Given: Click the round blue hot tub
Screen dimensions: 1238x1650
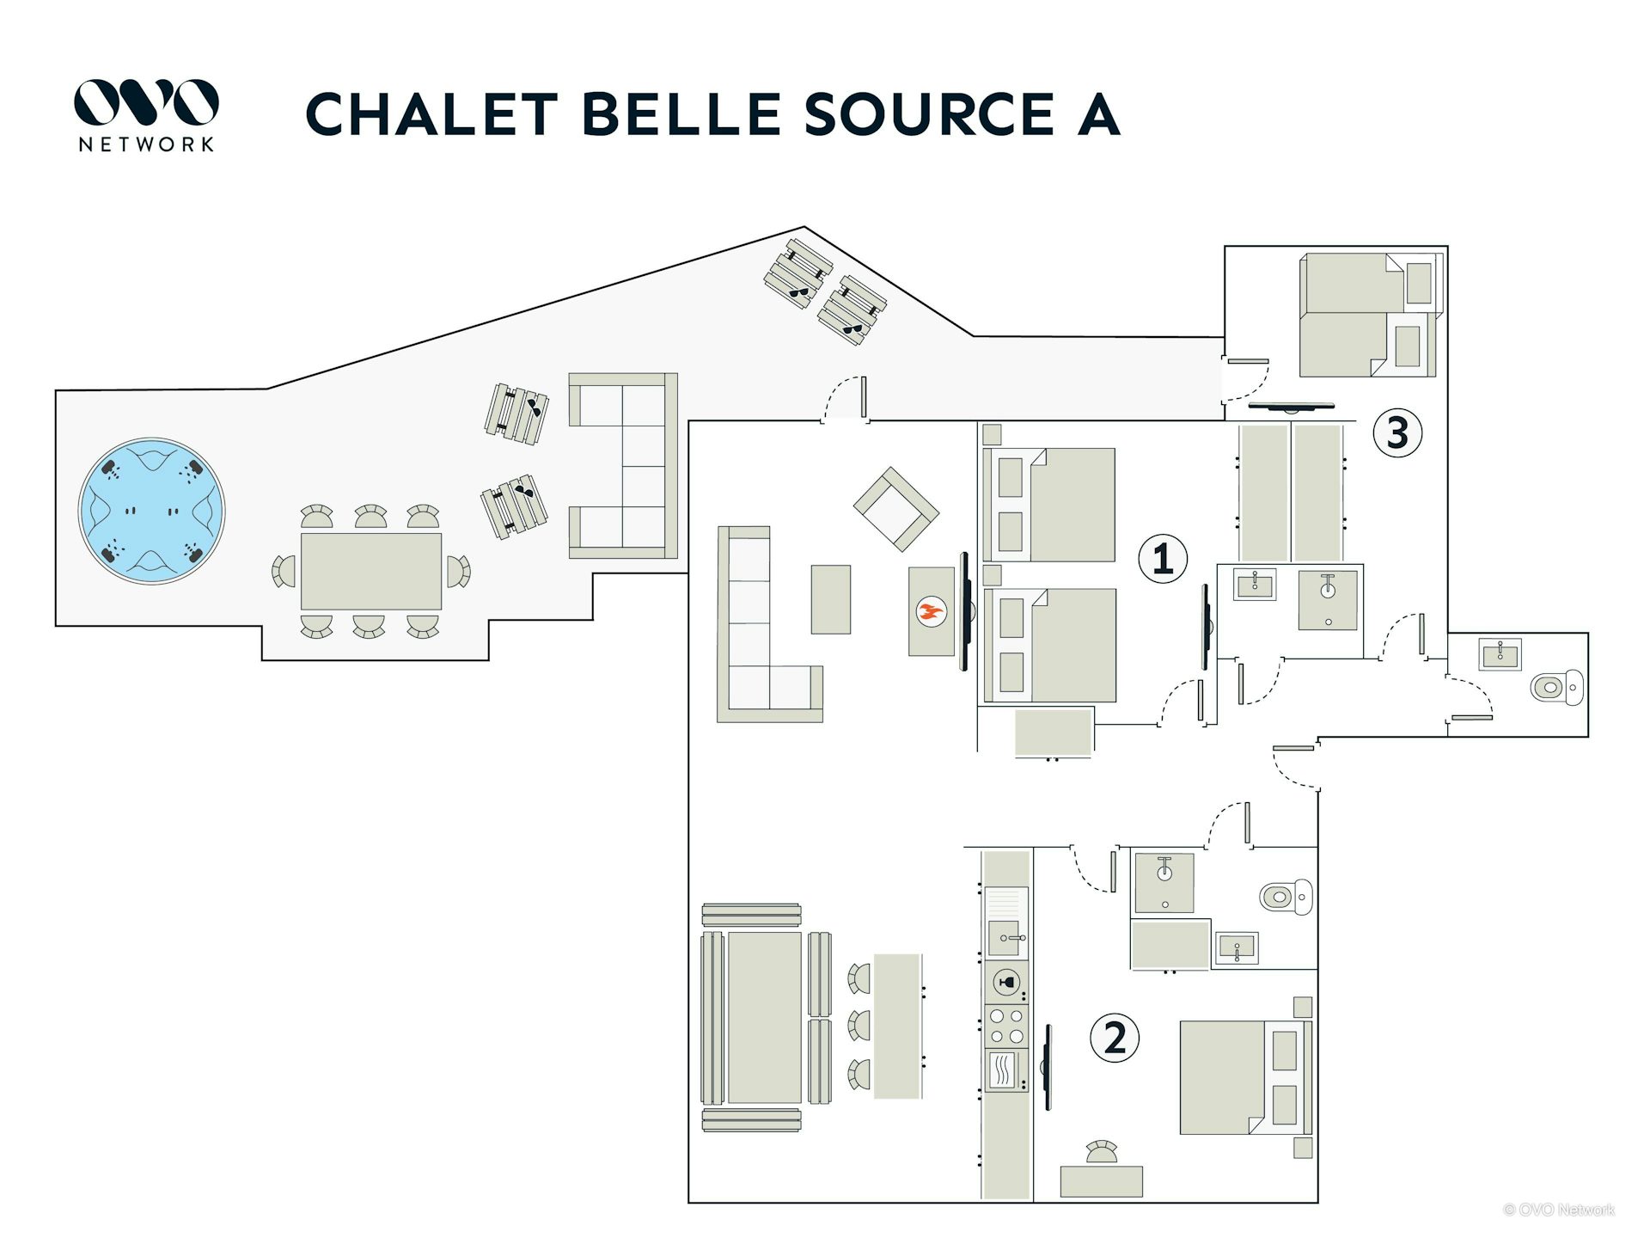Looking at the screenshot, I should tap(151, 511).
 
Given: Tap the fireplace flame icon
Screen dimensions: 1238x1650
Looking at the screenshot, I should tap(931, 612).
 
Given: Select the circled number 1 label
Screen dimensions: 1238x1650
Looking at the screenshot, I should tap(1163, 559).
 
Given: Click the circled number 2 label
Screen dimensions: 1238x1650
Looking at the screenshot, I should tap(1115, 1038).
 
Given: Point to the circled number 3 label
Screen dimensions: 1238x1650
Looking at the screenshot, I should tap(1397, 432).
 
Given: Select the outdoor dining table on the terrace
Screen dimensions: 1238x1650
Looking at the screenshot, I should tap(370, 571).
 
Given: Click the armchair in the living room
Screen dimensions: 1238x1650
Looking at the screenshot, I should tap(895, 508).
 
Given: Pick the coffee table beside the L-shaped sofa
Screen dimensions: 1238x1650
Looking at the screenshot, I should tap(831, 599).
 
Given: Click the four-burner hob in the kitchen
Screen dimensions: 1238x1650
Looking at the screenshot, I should tap(1006, 1026).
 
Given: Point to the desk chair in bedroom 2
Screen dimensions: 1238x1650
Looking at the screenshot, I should tap(1101, 1151).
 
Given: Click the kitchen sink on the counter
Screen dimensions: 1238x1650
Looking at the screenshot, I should tap(1005, 937).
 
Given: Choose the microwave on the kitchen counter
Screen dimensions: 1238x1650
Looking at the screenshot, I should tap(1005, 1071).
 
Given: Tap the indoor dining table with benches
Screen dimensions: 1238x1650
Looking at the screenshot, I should tap(765, 1017).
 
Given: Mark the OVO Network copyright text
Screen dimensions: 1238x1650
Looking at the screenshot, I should tap(1558, 1210).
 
